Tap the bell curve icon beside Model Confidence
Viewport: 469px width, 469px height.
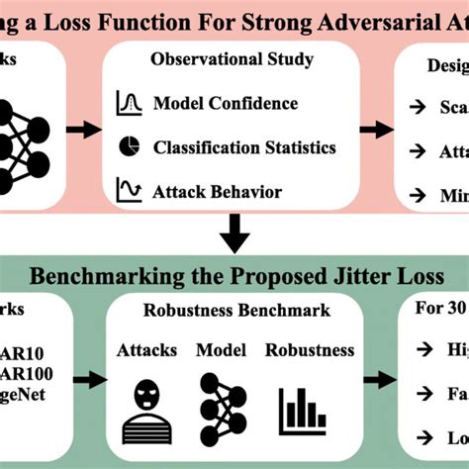pos(130,102)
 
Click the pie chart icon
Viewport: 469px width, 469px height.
pos(130,146)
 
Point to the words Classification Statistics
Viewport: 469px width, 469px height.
pos(243,147)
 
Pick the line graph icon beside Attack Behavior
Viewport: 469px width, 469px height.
pos(130,189)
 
